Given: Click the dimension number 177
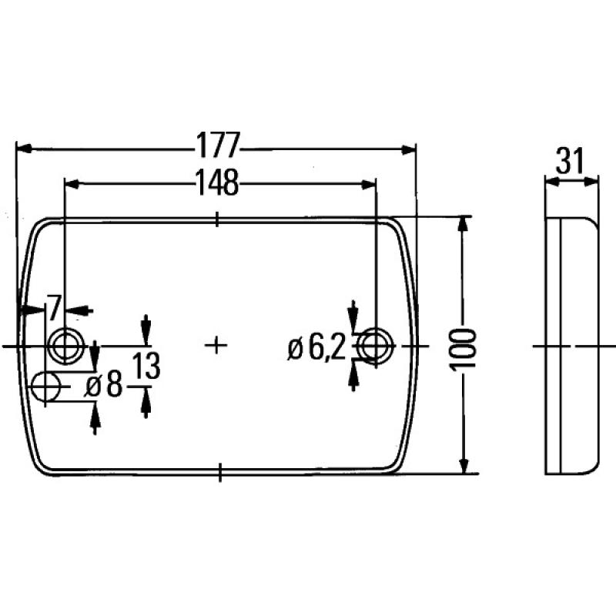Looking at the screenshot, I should point(218,145).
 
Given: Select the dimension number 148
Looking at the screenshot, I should point(216,182).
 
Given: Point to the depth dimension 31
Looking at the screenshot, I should point(570,162).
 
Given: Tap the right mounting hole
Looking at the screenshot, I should point(375,343).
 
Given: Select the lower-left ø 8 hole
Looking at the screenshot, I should point(48,384).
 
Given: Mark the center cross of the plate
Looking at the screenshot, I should point(218,344).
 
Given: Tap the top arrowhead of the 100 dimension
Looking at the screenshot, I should point(463,224).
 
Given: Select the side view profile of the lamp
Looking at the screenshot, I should point(571,345).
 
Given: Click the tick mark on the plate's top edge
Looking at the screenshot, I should point(219,219).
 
